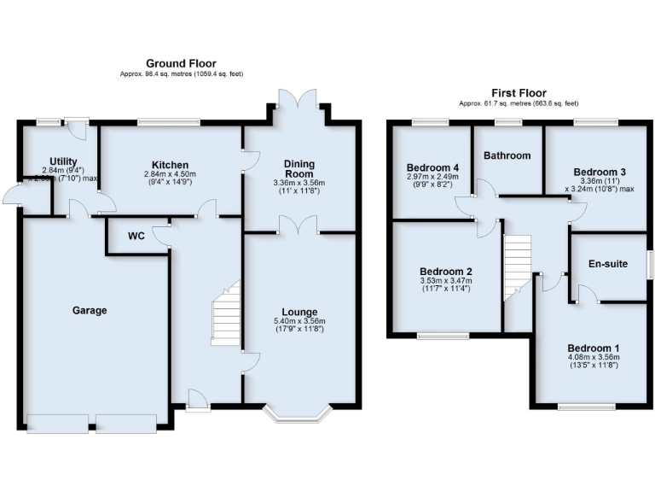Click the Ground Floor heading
(181, 63)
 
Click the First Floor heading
(519, 93)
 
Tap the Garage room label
(90, 310)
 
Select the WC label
(136, 237)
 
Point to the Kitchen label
(170, 165)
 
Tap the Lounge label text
(299, 312)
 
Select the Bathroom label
(507, 155)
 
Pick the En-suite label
(608, 264)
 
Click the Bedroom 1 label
(594, 348)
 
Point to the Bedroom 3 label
(600, 172)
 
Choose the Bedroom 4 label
(432, 167)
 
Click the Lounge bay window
(299, 415)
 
